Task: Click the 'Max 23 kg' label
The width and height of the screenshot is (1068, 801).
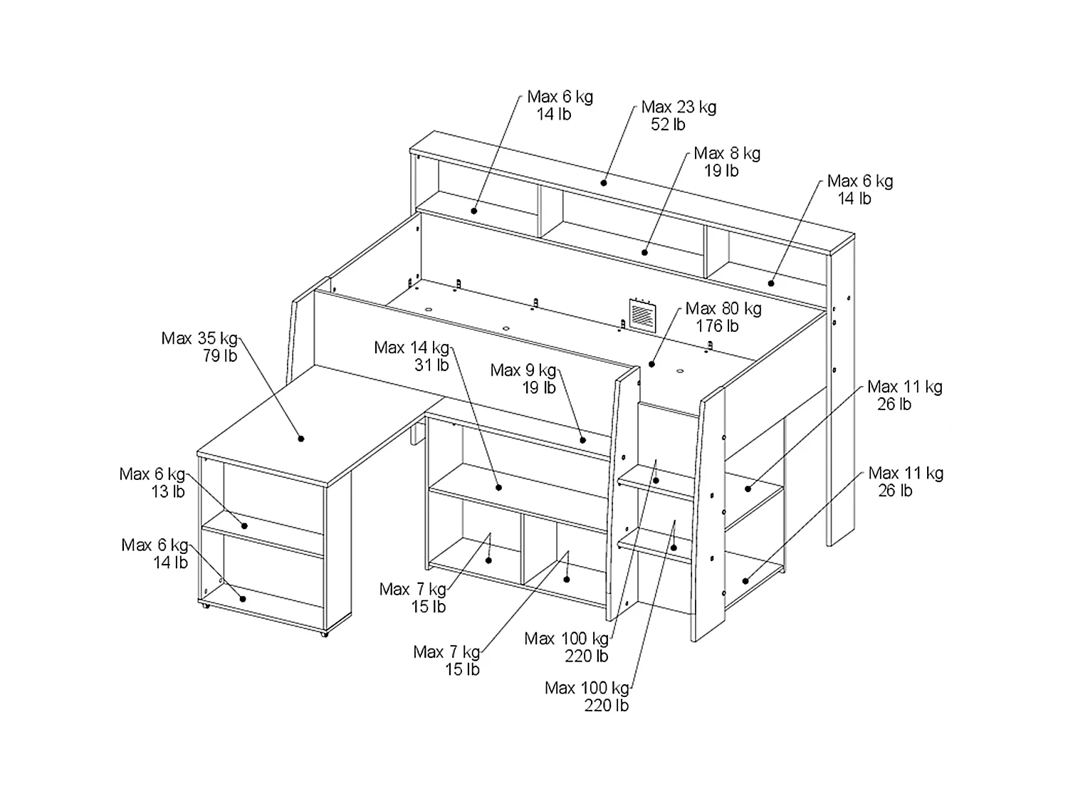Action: click(x=679, y=107)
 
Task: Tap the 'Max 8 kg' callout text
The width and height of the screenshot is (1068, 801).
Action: click(x=727, y=154)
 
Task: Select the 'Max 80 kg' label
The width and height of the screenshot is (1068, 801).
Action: click(x=723, y=309)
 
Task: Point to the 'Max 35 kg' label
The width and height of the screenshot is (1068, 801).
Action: click(x=199, y=338)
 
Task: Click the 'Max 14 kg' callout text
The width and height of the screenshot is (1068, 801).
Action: click(x=412, y=347)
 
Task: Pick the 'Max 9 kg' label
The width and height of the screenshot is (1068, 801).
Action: click(x=523, y=370)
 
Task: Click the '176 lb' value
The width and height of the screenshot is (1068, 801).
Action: click(x=717, y=326)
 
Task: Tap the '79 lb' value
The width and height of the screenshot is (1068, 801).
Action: click(x=220, y=356)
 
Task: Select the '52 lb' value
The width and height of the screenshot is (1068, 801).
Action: click(x=668, y=125)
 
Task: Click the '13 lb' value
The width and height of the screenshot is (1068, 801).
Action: click(x=168, y=492)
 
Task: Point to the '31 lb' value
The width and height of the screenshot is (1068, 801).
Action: click(x=431, y=365)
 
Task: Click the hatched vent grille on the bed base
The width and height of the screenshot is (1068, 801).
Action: click(x=642, y=315)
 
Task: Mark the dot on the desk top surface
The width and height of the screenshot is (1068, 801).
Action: click(x=301, y=439)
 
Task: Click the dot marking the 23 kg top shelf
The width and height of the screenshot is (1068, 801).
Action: click(x=604, y=184)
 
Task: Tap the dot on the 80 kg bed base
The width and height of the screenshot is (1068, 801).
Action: click(x=651, y=365)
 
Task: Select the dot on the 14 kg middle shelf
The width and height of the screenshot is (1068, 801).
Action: click(x=498, y=487)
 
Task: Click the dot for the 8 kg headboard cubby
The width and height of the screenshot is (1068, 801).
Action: click(x=644, y=253)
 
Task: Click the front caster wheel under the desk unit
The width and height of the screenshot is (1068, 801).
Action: click(x=325, y=634)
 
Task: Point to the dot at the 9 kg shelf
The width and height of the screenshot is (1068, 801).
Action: click(x=583, y=440)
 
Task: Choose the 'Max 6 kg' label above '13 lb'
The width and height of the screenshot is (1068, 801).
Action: click(x=152, y=474)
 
